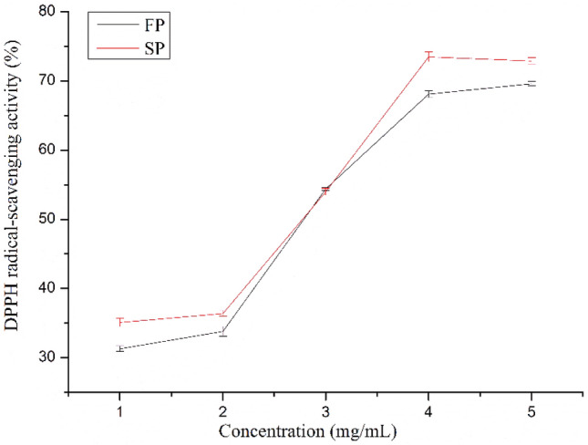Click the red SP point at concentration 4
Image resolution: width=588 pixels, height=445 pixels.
coord(428,57)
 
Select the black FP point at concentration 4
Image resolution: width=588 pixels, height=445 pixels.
coord(428,93)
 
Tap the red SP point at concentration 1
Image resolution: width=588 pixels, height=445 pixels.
coord(119,322)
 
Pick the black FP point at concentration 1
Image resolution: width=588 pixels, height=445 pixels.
coord(119,349)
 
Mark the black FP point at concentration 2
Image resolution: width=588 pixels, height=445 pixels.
coord(222,331)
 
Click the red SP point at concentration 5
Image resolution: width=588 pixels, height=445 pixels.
coord(531,60)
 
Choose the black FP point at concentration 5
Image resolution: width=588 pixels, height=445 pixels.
coord(531,84)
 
